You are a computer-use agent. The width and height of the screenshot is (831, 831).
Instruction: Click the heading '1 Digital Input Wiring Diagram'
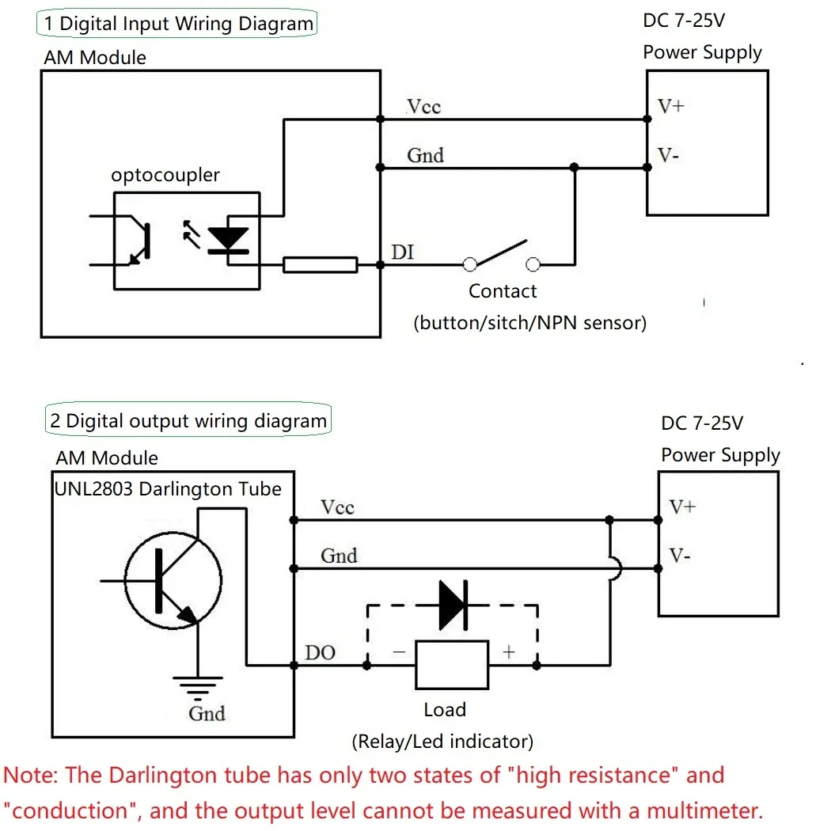[178, 23]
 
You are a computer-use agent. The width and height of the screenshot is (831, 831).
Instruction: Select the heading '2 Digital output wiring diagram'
[188, 420]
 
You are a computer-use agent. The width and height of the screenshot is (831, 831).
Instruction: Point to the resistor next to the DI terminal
[320, 265]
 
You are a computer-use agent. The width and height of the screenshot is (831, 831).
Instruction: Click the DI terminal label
[402, 252]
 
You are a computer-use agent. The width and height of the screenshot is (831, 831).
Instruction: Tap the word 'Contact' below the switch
[503, 291]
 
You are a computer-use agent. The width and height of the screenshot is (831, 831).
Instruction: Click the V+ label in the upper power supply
[671, 106]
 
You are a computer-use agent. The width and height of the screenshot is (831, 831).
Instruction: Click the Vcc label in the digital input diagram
[423, 107]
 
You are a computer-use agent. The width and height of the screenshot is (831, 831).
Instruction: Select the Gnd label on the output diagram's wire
[339, 556]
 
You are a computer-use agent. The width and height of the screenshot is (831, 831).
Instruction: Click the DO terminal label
[321, 653]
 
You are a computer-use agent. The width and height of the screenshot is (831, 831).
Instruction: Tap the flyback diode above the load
[453, 605]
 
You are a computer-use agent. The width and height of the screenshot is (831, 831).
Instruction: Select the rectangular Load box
[452, 665]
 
